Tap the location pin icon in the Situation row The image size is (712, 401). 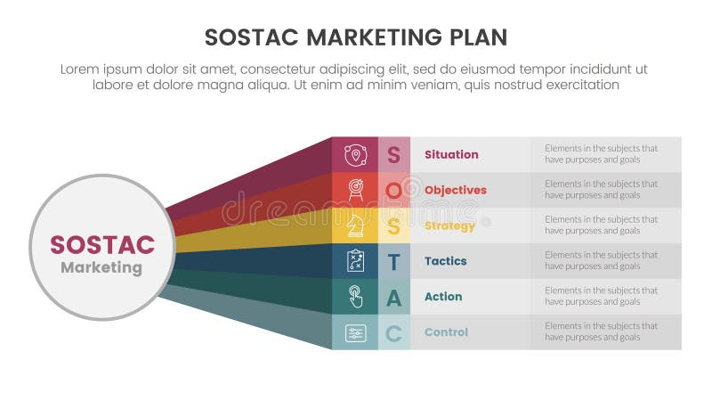pos(356,154)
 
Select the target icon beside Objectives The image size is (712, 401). pos(356,190)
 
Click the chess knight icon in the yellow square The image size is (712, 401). pos(356,225)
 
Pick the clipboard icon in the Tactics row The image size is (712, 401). pos(356,261)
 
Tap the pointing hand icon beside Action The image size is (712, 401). pos(356,297)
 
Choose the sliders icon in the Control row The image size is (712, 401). pos(356,332)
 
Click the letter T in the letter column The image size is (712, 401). pos(393,262)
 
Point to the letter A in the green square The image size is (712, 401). pos(393,298)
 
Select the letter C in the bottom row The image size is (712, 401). pos(393,333)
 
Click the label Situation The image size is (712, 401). pos(451,154)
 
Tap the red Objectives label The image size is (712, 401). pos(455,190)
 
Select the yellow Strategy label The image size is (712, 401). pos(449,225)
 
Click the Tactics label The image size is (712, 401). pos(446,261)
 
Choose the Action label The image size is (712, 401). pos(443,297)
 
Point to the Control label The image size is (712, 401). pos(446,332)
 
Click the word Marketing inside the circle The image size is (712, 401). pos(101,267)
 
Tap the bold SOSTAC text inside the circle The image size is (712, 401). pos(101,245)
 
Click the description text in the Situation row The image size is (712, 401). pos(601,154)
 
